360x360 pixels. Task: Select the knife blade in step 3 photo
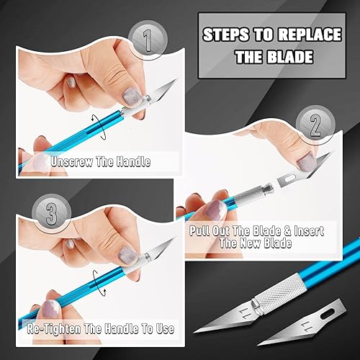click(x=158, y=248)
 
